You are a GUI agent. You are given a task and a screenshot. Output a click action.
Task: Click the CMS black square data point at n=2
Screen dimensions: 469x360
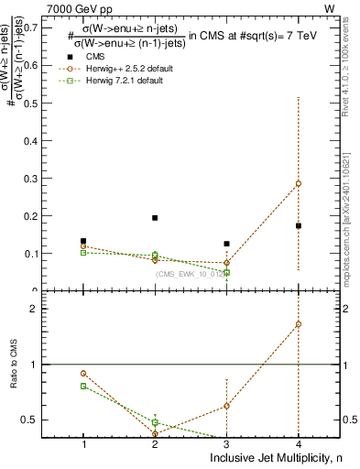155,218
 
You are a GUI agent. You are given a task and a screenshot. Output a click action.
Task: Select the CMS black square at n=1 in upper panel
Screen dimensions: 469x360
83,241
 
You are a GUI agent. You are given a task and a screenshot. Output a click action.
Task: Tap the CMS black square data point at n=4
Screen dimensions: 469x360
299,225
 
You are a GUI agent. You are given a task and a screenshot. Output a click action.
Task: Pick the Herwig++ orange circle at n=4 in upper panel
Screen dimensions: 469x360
299,183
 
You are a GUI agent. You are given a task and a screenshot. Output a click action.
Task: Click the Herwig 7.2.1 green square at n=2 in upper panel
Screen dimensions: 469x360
155,255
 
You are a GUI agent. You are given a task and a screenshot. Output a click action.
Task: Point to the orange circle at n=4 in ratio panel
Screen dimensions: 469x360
299,324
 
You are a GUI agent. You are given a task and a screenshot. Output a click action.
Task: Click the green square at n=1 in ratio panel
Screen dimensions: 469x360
83,386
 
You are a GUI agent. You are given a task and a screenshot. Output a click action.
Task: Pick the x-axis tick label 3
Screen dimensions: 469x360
226,443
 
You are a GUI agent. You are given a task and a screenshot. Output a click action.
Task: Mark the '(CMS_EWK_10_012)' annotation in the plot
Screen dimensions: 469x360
189,273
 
